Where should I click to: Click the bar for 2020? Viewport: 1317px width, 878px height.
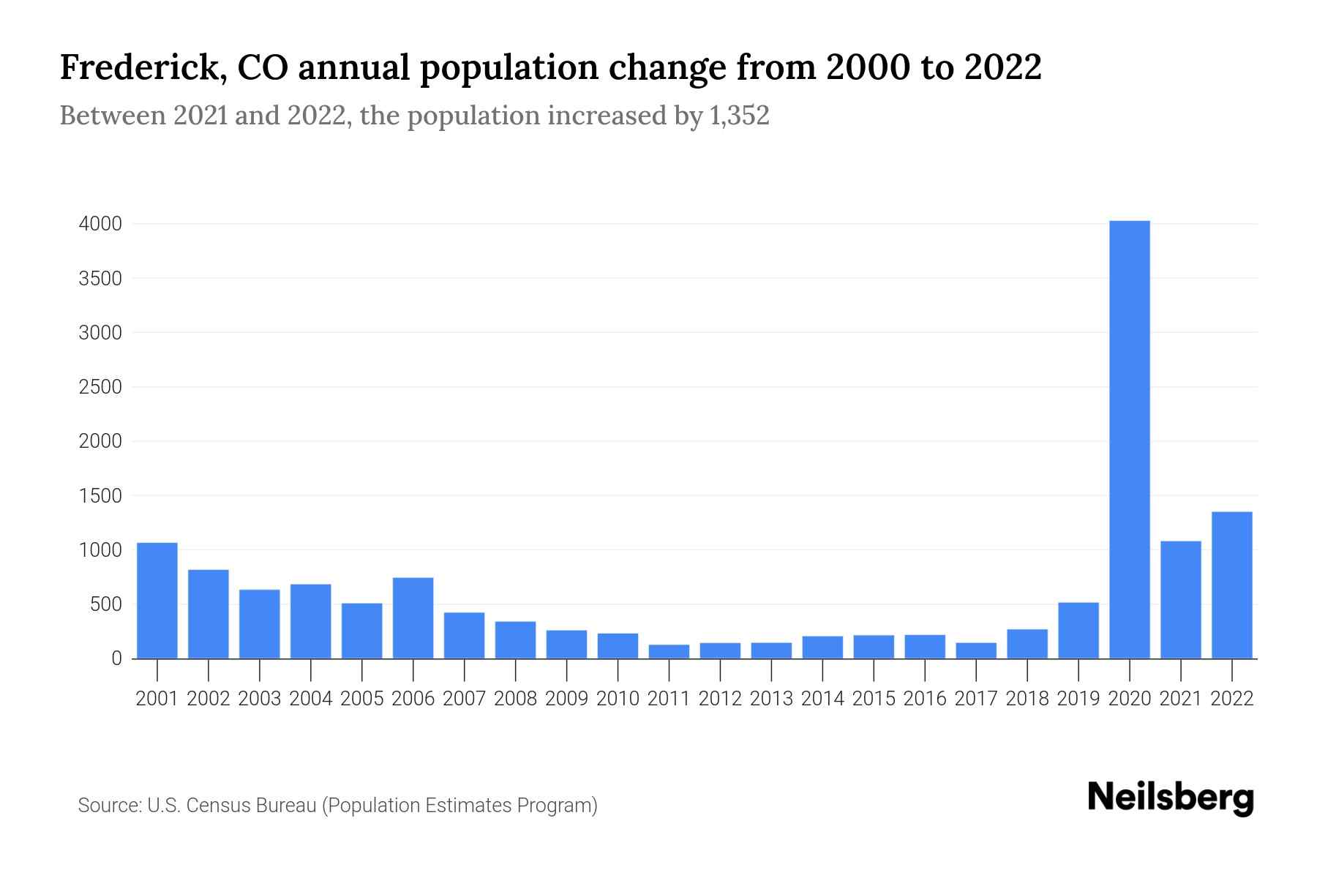point(1129,439)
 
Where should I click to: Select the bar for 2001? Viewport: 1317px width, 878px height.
point(157,600)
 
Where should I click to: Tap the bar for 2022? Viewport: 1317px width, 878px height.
point(1231,585)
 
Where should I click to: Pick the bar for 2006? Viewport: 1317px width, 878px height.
point(413,618)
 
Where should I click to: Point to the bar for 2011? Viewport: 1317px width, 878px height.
point(669,651)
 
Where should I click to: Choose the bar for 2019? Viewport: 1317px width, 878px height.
point(1078,630)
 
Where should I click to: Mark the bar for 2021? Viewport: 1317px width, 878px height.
point(1180,600)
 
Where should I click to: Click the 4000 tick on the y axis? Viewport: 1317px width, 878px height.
point(100,224)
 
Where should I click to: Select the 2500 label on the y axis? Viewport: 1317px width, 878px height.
point(100,387)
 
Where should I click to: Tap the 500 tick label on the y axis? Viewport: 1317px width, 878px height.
point(106,604)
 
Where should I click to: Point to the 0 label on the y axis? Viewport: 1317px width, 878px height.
point(116,658)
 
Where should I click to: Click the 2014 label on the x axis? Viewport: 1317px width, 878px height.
point(822,699)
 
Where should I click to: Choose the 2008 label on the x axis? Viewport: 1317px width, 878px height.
point(515,699)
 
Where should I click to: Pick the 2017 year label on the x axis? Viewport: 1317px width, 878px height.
point(975,699)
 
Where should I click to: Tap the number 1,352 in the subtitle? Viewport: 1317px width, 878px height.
point(739,116)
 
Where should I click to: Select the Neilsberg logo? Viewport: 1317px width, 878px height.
point(1171,798)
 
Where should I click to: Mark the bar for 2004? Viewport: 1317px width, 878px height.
point(310,621)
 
